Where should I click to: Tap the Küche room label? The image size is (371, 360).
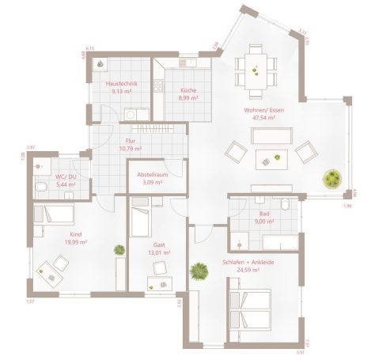(187, 90)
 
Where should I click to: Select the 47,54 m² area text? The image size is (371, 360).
(263, 117)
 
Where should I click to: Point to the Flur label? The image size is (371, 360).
(130, 140)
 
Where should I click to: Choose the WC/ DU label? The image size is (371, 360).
(66, 176)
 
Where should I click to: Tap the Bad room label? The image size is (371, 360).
(264, 214)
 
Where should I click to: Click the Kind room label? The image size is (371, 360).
(76, 235)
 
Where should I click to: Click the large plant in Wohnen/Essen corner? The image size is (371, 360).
(333, 177)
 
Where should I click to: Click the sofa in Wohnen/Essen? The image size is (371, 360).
(272, 136)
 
